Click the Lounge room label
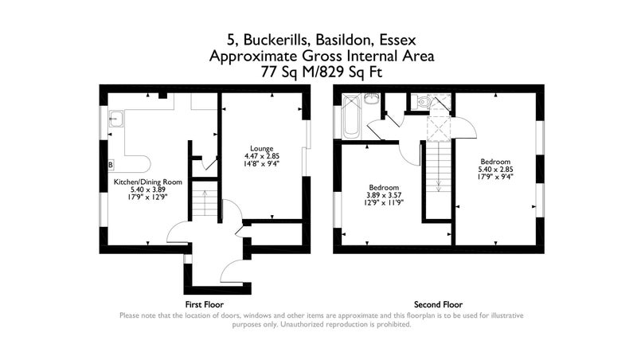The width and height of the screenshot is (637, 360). pyautogui.click(x=262, y=148)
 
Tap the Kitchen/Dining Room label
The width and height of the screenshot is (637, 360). pyautogui.click(x=148, y=182)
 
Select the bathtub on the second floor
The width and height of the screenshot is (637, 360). pyautogui.click(x=351, y=116)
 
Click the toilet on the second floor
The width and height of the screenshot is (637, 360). pyautogui.click(x=421, y=101)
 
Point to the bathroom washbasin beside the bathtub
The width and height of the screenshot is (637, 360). pyautogui.click(x=371, y=98)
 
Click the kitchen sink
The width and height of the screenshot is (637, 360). pyautogui.click(x=116, y=119)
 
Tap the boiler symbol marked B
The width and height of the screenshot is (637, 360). pyautogui.click(x=111, y=165)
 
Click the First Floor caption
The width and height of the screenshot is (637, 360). pyautogui.click(x=205, y=304)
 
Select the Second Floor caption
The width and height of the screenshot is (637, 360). pyautogui.click(x=439, y=304)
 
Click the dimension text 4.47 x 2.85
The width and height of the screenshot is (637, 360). pyautogui.click(x=262, y=156)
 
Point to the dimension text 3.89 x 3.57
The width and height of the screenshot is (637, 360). pyautogui.click(x=384, y=195)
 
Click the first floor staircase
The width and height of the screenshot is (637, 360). pyautogui.click(x=205, y=202)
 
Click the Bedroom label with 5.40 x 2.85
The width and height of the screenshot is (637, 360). pyautogui.click(x=495, y=162)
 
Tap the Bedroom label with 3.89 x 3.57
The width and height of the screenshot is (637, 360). pyautogui.click(x=384, y=187)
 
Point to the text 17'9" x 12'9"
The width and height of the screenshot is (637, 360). pyautogui.click(x=148, y=197)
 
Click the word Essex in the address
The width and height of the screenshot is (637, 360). pyautogui.click(x=397, y=40)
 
